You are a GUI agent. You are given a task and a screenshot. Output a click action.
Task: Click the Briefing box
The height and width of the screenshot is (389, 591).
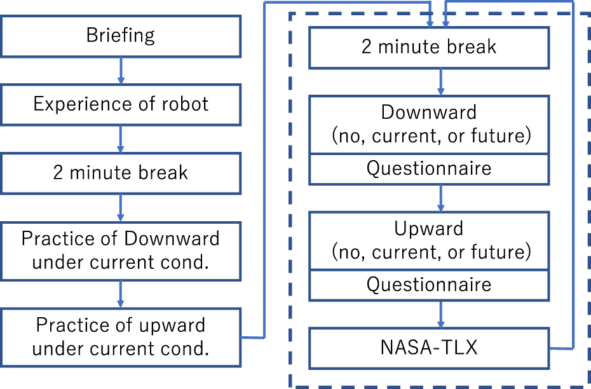[x=121, y=36]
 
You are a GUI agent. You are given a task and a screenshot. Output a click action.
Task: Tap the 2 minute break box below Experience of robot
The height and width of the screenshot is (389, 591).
[x=121, y=172]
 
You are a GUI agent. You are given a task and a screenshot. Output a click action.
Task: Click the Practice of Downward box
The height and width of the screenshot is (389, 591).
[x=121, y=250]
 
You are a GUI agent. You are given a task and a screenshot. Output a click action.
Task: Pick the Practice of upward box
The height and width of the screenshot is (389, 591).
[x=121, y=337]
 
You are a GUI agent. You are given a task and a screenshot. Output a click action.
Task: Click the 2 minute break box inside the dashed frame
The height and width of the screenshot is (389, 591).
[x=429, y=47]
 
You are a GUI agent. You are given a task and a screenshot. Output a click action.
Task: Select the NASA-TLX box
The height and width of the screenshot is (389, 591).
[x=429, y=348]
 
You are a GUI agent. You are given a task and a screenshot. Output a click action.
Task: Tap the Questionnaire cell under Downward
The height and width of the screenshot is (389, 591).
[x=429, y=168]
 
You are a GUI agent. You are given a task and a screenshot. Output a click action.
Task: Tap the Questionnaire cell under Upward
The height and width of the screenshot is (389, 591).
[x=429, y=284]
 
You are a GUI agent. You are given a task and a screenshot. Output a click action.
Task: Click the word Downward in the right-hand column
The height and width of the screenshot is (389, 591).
[x=429, y=113]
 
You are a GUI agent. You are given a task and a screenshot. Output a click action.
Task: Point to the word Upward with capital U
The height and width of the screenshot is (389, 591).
[x=429, y=228]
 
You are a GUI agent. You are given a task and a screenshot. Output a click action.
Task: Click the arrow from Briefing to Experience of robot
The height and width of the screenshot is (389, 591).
[x=121, y=71]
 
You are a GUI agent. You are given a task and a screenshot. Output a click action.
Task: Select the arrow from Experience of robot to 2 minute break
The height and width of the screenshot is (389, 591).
[x=121, y=139]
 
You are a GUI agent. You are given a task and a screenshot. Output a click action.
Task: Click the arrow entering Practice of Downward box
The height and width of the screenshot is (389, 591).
[x=121, y=208]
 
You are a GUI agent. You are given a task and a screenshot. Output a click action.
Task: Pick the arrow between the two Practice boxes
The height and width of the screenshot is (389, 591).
[x=121, y=294]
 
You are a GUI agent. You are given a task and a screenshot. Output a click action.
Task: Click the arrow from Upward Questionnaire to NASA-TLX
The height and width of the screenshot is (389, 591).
[x=441, y=313]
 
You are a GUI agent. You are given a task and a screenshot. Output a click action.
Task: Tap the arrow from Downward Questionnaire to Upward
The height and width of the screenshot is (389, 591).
[x=441, y=198]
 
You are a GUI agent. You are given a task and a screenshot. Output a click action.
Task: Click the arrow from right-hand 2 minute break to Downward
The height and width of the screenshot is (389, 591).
[x=441, y=82]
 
